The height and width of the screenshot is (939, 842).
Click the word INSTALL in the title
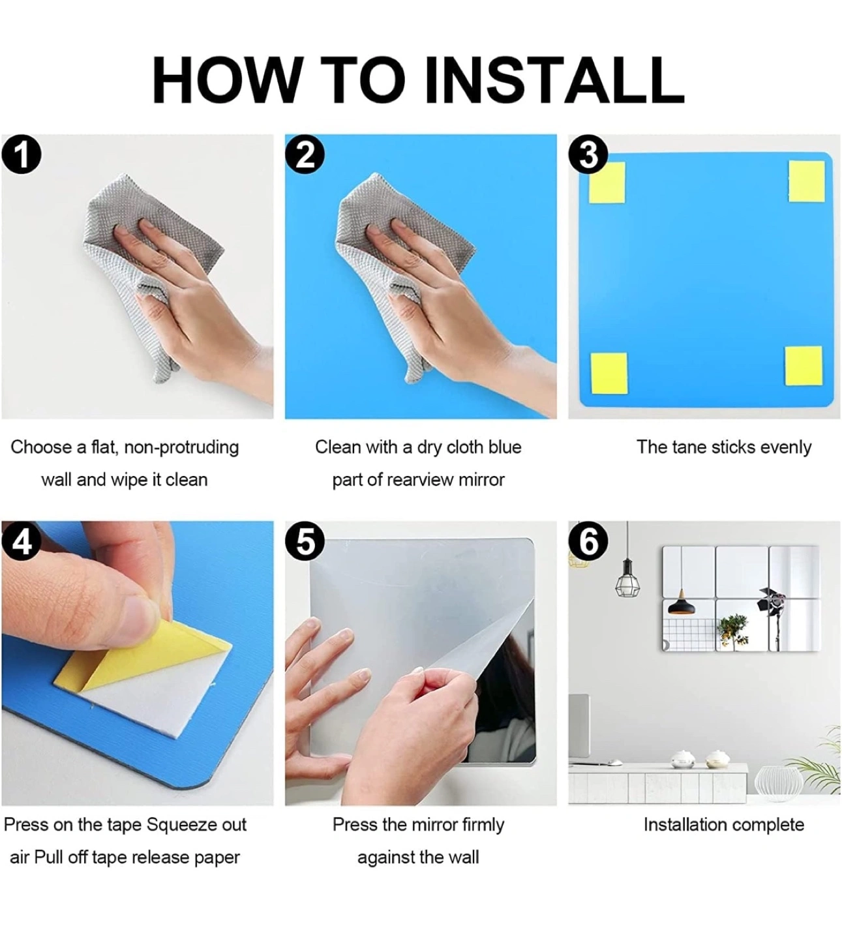coord(555,80)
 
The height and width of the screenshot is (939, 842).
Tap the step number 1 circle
coord(22,155)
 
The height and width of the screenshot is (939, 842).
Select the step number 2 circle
coord(305,155)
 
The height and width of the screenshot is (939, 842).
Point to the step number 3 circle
coord(588,155)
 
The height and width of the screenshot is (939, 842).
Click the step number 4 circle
coord(22,541)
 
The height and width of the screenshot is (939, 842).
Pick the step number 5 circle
coord(305,541)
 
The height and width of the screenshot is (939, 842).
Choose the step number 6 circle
coord(588,541)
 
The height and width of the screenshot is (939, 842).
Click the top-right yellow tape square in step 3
coord(807,181)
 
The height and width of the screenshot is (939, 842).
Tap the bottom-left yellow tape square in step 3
coord(609,373)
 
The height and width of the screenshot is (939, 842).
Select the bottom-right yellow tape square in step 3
coord(804,366)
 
